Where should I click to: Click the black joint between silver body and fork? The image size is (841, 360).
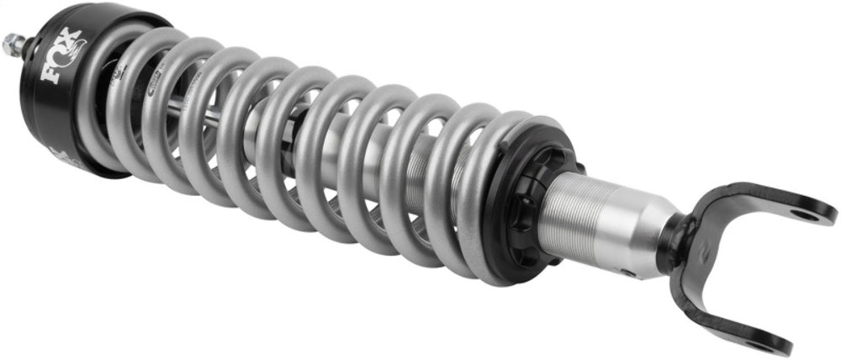pos(673,244)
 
